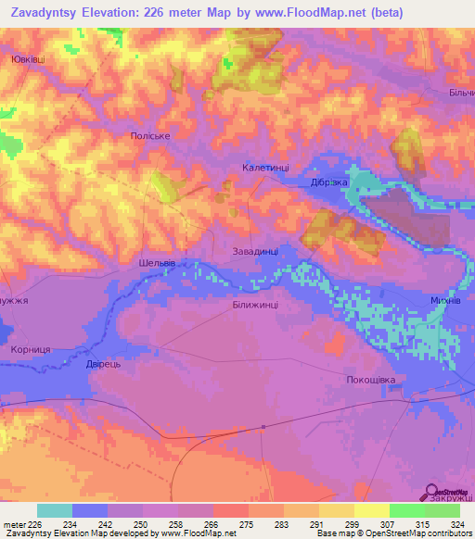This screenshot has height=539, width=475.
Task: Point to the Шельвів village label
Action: (157, 263)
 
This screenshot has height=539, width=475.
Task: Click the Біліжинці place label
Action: (254, 304)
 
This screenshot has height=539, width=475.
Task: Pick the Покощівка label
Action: (371, 380)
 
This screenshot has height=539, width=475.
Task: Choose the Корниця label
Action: (31, 350)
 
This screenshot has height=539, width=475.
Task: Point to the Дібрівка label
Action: (329, 182)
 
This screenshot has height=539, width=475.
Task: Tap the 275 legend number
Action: (245, 524)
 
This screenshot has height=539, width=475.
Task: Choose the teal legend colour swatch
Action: (55, 510)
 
